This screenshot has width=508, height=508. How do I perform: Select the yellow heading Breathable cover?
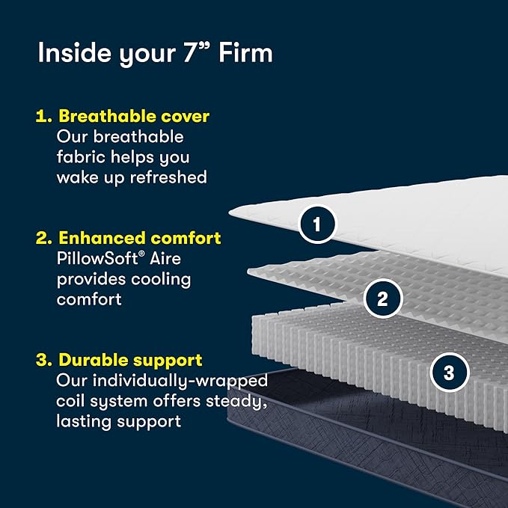click(x=134, y=117)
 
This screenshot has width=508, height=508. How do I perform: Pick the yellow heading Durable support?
click(x=129, y=360)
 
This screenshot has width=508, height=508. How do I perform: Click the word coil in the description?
click(x=72, y=401)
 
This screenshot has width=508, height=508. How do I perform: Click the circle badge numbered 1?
click(x=316, y=224)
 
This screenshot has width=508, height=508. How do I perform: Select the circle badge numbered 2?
click(x=382, y=299)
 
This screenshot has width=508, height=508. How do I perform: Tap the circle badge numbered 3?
click(x=449, y=373)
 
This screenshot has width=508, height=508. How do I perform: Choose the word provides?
click(x=91, y=279)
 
